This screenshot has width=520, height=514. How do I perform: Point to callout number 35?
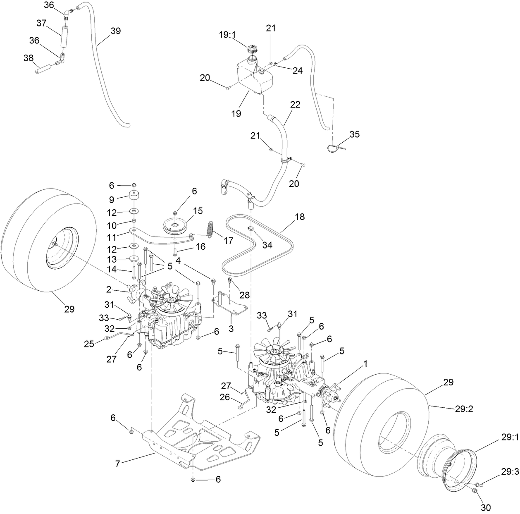tap(354, 134)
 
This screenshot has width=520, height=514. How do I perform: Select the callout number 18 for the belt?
tap(300, 217)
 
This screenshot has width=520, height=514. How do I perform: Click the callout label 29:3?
tap(509, 471)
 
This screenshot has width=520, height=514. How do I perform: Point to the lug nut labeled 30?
tap(475, 490)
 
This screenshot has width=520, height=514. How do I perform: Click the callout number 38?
tap(29, 58)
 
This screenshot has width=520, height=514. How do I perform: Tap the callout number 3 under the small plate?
tap(231, 329)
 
